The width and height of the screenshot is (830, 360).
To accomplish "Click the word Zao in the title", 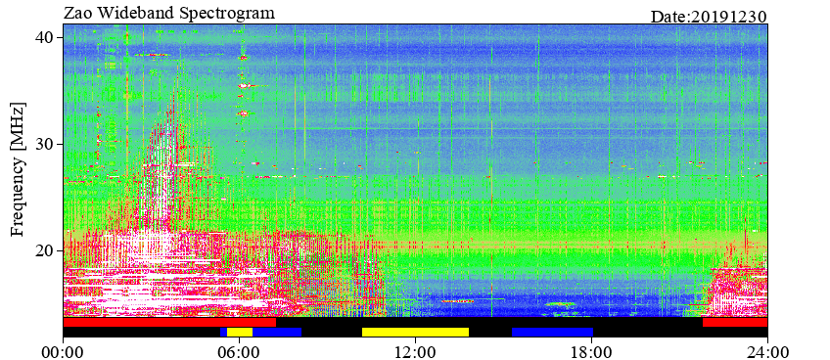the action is point(76,13).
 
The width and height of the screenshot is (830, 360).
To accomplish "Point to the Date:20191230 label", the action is point(709,17).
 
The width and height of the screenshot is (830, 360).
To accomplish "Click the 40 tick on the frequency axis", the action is point(48,37).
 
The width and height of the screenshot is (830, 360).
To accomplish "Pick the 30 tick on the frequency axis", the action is point(48,144).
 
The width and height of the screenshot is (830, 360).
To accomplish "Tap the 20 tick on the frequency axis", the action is point(48,250).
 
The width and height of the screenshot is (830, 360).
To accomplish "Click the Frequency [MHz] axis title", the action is point(18,169).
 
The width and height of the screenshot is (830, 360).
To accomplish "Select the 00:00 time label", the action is point(64,350).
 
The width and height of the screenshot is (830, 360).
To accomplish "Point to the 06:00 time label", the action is point(240,350).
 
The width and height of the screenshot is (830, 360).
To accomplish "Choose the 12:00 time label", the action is point(416,350).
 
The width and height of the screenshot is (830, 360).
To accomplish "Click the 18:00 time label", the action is point(591,350).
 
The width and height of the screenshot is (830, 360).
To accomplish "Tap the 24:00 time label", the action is point(767,350).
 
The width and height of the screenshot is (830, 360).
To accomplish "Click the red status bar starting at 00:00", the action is point(169,323).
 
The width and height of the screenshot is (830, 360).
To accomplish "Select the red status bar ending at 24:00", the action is point(735,323).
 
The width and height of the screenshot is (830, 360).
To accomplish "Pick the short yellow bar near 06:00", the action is point(240,332).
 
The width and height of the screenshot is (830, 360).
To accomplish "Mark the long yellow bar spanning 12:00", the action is point(416,332).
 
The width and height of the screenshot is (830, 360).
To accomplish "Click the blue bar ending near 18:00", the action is point(553,332).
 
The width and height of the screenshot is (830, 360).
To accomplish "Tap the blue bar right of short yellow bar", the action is point(277,332).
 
